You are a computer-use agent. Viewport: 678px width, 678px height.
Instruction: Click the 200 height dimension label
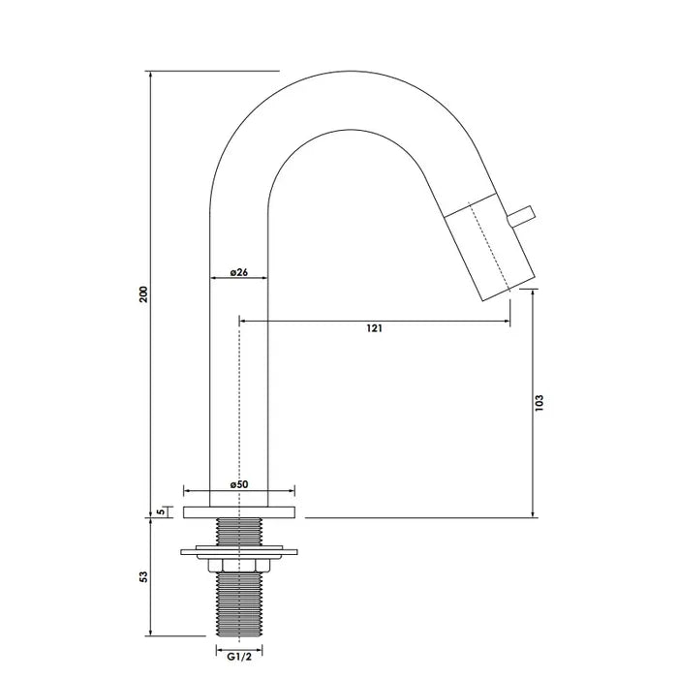tap(143, 294)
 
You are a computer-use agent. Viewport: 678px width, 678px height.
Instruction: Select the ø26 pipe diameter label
tap(239, 272)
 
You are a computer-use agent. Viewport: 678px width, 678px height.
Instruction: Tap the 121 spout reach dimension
tap(374, 328)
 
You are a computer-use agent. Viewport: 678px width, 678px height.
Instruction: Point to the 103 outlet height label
tap(539, 401)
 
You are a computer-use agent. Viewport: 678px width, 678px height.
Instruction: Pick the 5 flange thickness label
tap(160, 510)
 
